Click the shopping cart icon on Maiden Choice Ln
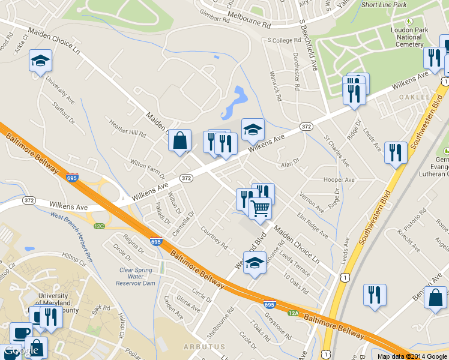click(x=261, y=208)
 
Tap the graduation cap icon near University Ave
click(x=40, y=61)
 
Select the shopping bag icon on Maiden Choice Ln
click(x=179, y=141)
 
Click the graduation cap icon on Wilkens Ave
click(x=253, y=130)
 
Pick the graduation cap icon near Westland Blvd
click(x=255, y=263)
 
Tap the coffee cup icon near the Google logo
click(x=21, y=333)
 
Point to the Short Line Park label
click(x=384, y=5)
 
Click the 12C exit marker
click(x=99, y=226)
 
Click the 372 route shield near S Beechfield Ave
click(x=306, y=127)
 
